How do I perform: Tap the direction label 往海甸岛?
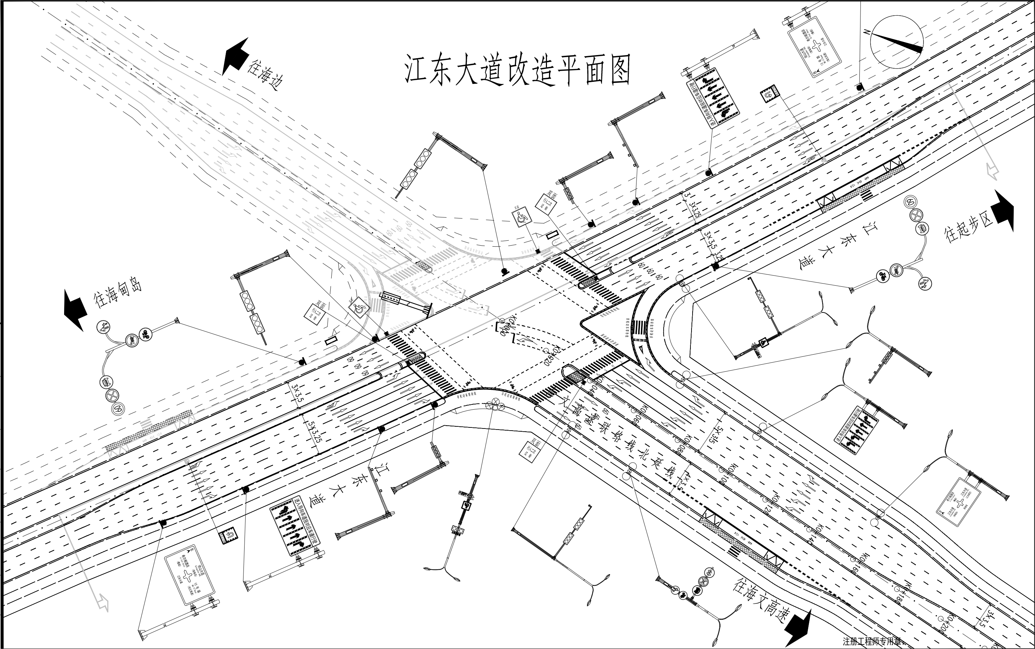coord(118,294)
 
